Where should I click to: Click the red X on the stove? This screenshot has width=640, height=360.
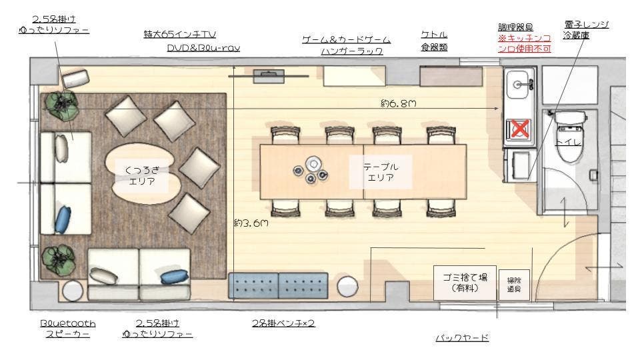519,129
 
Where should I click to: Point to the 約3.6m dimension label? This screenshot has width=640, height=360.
251,224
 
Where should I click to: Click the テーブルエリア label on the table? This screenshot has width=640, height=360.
381,171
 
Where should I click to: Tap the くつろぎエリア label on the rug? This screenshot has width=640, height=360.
142,177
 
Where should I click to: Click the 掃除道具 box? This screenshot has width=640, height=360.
514,286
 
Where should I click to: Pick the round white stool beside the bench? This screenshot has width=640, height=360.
347,287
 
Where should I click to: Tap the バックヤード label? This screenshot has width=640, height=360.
462,338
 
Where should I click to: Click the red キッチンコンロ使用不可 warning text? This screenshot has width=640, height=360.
525,43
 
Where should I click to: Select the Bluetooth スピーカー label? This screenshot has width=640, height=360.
68,328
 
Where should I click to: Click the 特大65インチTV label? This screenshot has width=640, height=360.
180,33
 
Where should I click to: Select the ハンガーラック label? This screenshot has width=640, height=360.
351,51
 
